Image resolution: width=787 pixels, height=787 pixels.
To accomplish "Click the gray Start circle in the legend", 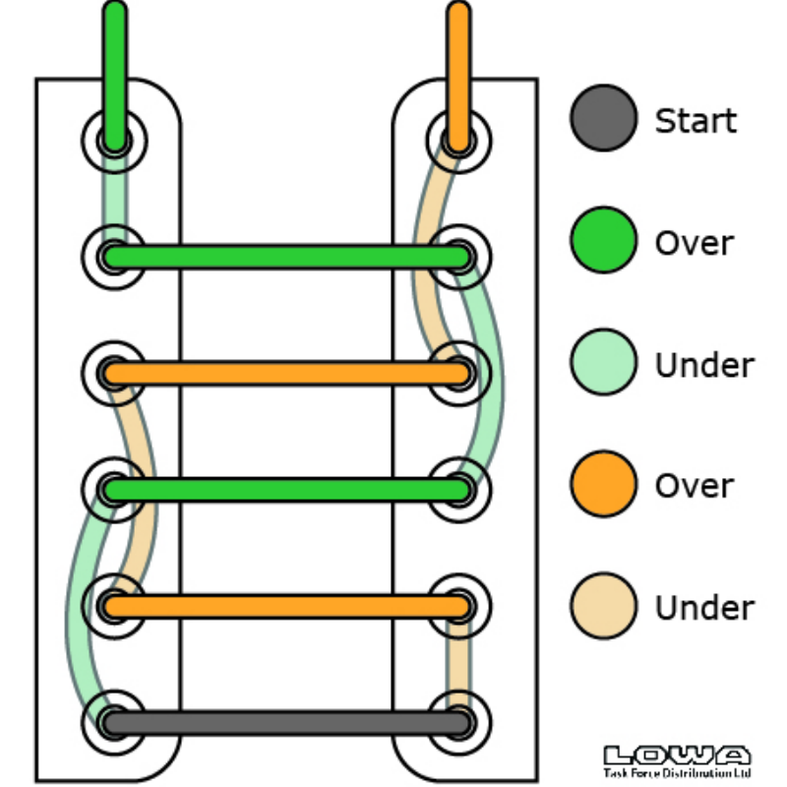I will (603, 118).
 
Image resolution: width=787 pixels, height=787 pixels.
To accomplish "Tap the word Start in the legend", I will (696, 121).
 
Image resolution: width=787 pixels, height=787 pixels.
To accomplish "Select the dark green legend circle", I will (603, 240).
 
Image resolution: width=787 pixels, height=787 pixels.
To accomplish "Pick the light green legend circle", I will (603, 362).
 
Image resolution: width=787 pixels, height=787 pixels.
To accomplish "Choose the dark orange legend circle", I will (603, 484).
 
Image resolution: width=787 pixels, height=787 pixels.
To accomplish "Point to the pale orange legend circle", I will (603, 606).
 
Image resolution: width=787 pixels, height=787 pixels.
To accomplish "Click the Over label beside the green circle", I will (695, 243).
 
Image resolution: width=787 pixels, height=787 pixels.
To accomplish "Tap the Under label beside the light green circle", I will (704, 365).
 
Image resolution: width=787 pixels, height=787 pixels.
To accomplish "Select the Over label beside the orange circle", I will (695, 487).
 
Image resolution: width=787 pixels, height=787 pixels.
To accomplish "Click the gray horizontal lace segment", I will (285, 723).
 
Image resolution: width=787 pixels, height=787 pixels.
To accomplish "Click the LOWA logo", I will (677, 756).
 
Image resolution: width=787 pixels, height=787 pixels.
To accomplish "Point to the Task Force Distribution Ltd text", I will (677, 773).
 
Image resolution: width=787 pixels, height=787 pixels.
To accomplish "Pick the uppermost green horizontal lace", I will (285, 258).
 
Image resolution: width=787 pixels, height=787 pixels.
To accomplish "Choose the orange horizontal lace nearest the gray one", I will (285, 606).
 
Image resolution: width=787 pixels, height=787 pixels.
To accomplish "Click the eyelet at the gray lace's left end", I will (113, 723).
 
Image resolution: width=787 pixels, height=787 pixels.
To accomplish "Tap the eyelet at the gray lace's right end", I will (458, 723).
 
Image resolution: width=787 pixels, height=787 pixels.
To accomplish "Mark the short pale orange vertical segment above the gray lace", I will (457, 664).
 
